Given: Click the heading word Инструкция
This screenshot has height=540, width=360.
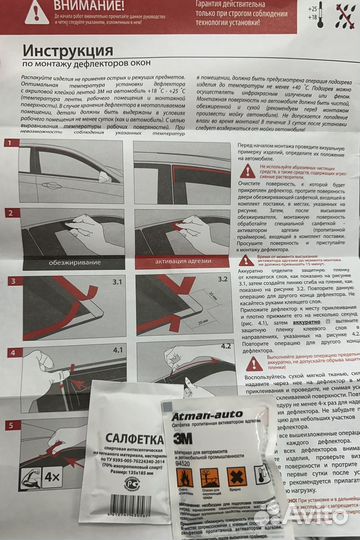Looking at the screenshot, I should click(81, 51).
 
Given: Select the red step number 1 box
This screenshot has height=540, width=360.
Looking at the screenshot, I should click(11, 146).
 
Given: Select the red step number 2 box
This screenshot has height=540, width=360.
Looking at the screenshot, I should click(11, 213).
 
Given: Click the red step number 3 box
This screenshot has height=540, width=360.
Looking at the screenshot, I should click(11, 282).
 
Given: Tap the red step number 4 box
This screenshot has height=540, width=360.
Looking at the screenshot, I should click(10, 352).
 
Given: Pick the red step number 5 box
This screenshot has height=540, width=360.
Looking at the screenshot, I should click(10, 425).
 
